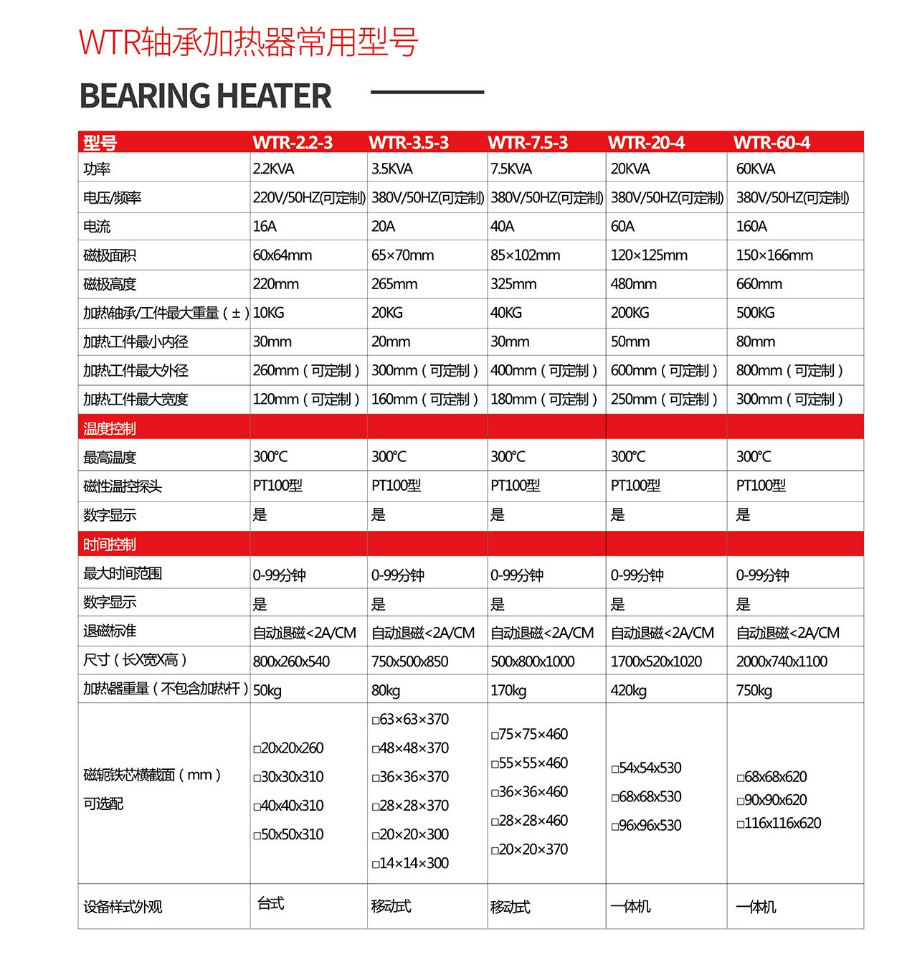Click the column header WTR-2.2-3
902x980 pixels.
293,143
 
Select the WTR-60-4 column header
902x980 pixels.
772,143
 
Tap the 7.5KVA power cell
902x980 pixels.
511,169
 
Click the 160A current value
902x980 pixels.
751,227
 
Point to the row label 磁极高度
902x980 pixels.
110,284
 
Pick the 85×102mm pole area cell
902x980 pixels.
526,255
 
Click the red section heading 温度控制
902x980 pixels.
110,428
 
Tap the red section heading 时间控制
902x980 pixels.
110,545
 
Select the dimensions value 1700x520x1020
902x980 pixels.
656,661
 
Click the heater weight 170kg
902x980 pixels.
508,690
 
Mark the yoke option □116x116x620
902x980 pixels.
779,823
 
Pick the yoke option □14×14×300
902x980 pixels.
410,863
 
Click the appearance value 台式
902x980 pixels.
271,903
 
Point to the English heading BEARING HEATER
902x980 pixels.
205,96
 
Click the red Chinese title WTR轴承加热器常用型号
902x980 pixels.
248,42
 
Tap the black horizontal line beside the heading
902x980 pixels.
427,93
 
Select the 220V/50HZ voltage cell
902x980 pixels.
309,198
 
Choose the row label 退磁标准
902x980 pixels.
110,631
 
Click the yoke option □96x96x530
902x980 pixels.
646,825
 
